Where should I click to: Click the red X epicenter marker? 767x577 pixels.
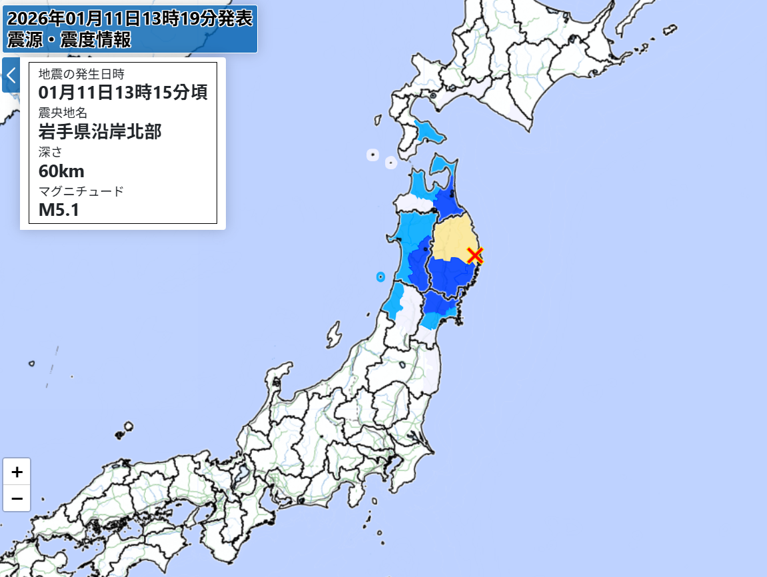[x=474, y=255]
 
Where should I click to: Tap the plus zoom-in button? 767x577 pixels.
[x=17, y=471]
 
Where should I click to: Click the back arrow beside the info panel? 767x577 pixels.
[x=11, y=75]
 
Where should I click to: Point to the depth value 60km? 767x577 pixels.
[x=61, y=171]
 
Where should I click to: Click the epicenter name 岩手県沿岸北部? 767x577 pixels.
[x=100, y=131]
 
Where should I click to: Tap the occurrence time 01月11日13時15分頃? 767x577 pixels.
[x=123, y=92]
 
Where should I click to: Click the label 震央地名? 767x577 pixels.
[x=63, y=112]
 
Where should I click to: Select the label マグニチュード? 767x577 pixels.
[x=81, y=191]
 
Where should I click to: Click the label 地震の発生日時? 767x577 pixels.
[x=81, y=73]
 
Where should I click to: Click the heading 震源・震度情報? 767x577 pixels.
[x=69, y=39]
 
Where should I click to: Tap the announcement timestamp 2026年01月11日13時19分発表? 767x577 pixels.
[x=130, y=18]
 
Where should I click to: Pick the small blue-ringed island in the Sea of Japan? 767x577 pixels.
[x=381, y=276]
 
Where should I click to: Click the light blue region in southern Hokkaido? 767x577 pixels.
[x=430, y=130]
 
